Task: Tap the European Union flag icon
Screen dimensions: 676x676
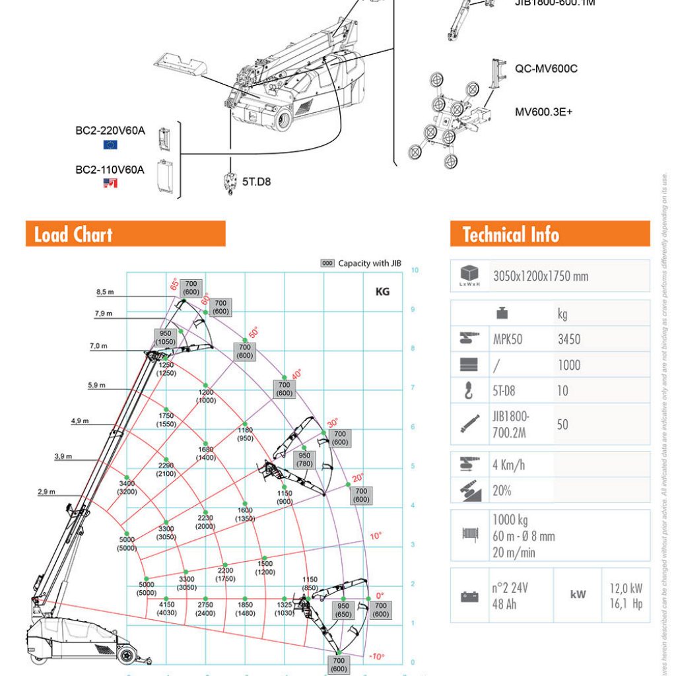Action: [x=110, y=145]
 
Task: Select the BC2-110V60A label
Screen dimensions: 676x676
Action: [x=110, y=170]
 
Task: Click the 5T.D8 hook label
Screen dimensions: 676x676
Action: [x=256, y=181]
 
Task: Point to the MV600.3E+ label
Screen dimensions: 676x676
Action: [x=543, y=112]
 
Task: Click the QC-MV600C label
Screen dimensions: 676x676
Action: [x=546, y=68]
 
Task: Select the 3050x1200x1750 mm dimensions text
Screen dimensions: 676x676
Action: [x=540, y=276]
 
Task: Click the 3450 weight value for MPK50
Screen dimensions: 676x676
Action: [x=569, y=339]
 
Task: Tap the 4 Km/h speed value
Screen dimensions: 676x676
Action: [x=508, y=465]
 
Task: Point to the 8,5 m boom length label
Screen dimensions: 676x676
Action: [x=105, y=291]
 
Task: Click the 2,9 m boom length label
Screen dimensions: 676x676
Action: [x=46, y=492]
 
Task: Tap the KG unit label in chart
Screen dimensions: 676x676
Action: [x=382, y=291]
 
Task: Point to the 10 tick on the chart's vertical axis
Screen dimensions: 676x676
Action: [x=415, y=270]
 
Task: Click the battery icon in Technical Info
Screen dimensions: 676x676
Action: [x=469, y=597]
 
